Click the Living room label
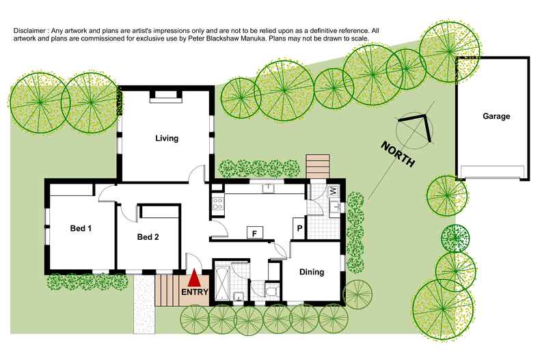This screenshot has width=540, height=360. point(167,138)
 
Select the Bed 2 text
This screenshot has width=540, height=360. point(148,237)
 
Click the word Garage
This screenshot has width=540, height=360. point(496,116)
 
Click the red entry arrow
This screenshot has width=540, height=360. point(194,279)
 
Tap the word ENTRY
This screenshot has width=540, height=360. point(194,292)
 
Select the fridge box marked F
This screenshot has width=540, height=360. point(254,232)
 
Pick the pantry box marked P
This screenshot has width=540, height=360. point(299,229)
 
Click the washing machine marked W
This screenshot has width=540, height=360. point(334,191)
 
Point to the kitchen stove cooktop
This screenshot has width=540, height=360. point(217,203)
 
